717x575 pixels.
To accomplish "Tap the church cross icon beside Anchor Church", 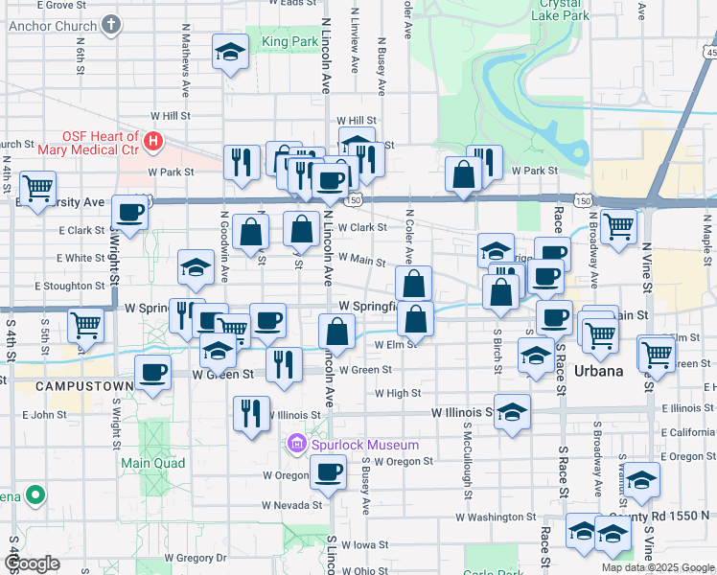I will coord(111,23).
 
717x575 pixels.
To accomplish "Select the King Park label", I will coord(289,42).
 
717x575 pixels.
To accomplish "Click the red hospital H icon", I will coord(151,143).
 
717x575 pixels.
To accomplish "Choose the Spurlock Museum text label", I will coord(363,445).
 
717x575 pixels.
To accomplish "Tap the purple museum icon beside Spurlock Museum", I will coord(295,445).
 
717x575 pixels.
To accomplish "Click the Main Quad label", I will coord(145,463).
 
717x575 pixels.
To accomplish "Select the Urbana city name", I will coord(598,371).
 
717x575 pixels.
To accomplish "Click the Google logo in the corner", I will coord(31,563).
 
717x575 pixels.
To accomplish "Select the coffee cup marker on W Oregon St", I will coord(329,472).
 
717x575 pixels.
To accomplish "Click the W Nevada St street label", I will coord(292,504).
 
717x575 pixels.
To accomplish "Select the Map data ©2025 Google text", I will coord(658,567).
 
